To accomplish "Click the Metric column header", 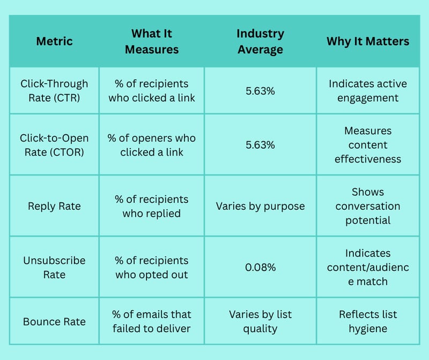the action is pos(55,41).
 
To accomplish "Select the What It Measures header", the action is pos(152,41).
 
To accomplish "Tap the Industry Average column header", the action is pos(260,41).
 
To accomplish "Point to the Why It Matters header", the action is pos(368,41).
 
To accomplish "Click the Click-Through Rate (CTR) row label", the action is pos(55,91).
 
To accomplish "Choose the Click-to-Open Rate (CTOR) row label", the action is pos(55,145).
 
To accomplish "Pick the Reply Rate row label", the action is pos(55,206).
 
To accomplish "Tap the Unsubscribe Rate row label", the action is pos(55,267).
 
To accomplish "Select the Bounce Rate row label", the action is pos(55,321).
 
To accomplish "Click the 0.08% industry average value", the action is pos(260,267).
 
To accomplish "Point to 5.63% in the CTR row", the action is pos(260,91).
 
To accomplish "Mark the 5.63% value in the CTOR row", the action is pos(260,145).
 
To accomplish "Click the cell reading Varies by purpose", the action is pos(260,206).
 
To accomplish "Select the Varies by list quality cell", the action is pos(260,321).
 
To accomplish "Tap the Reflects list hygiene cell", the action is pos(368,321).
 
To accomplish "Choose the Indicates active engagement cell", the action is pos(368,91).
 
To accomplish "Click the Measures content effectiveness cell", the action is pos(368,145).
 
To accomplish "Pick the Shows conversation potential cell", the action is pos(368,206).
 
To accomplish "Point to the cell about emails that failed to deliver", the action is pos(152,321).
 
